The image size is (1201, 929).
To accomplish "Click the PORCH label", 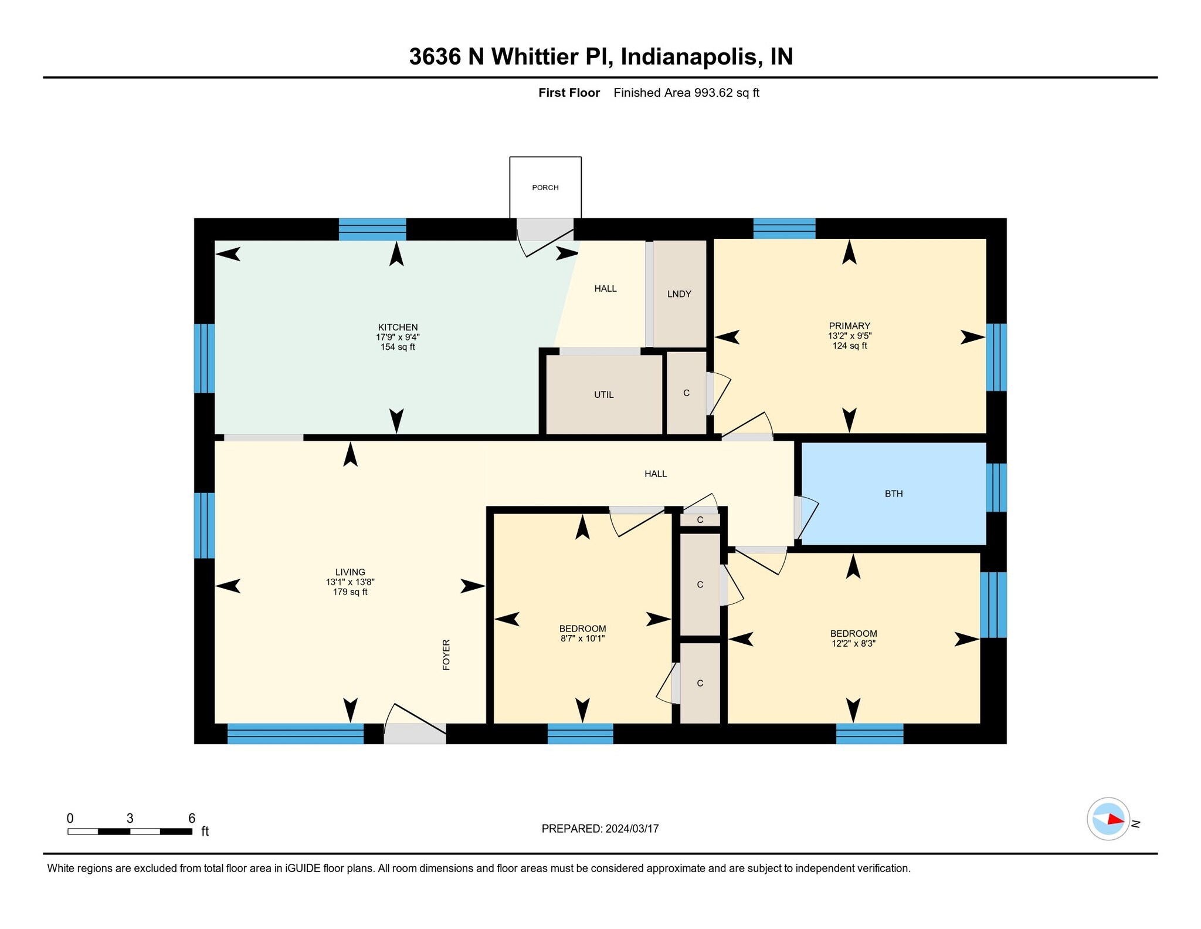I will (x=545, y=188).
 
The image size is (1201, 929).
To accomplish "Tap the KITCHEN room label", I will (x=398, y=327).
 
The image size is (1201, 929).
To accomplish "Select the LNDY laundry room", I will (x=679, y=294).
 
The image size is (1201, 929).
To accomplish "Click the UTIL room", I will (x=603, y=395).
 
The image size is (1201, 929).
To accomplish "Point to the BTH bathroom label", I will (x=893, y=494).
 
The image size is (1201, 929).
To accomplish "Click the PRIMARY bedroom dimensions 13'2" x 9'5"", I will (x=849, y=336).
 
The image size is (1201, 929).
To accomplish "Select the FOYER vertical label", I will (x=446, y=655).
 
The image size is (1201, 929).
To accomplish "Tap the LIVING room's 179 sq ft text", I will (x=350, y=592).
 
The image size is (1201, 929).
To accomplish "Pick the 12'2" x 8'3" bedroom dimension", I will (x=853, y=643).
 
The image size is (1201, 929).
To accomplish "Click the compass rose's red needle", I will (x=1115, y=819).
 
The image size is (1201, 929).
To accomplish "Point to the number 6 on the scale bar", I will (x=191, y=818).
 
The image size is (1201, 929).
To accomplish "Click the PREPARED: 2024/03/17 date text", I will (x=600, y=829).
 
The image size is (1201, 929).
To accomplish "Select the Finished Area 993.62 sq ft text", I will (x=686, y=93).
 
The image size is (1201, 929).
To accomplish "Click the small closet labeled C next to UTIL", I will (x=686, y=393).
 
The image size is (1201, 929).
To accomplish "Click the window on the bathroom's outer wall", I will (x=996, y=488).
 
